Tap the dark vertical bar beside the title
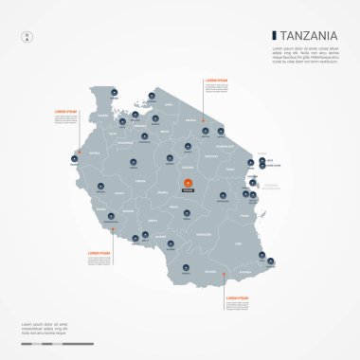[273, 37]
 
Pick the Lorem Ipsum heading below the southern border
[238, 297]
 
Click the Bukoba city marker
[114, 92]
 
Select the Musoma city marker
[152, 97]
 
